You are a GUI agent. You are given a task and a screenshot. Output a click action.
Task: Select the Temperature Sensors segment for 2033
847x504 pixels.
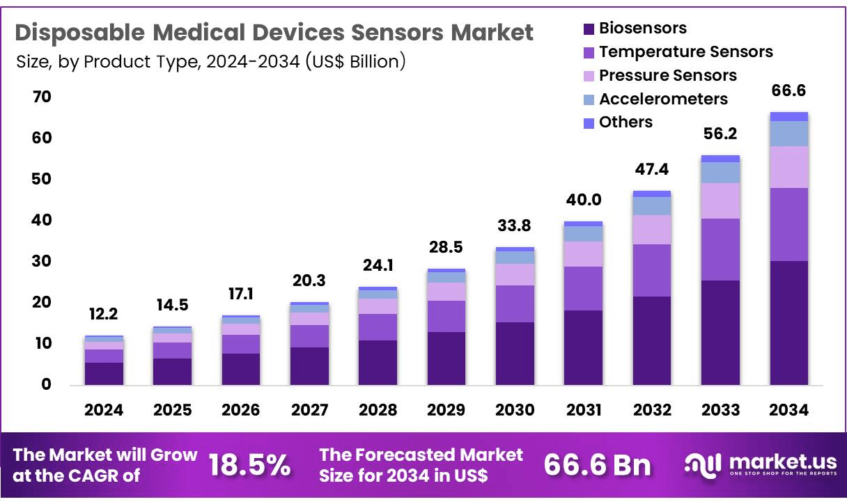click(720, 249)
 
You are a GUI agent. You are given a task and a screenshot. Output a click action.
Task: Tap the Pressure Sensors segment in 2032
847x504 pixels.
click(652, 229)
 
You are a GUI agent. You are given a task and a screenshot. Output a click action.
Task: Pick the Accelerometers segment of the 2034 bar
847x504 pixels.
click(788, 133)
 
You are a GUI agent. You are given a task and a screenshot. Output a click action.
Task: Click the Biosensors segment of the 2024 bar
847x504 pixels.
click(104, 373)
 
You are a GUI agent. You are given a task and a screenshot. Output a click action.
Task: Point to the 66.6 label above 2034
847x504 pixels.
click(788, 90)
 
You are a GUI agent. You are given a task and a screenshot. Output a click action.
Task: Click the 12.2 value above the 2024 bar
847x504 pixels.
click(104, 315)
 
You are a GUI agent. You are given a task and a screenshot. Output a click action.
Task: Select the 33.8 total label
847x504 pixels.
click(515, 226)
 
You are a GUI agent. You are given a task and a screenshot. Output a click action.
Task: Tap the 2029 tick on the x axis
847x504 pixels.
click(446, 410)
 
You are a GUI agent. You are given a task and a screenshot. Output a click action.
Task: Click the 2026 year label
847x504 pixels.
click(240, 410)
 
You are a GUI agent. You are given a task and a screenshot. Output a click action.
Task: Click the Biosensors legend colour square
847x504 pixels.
click(588, 29)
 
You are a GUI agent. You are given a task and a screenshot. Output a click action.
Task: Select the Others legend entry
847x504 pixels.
click(625, 123)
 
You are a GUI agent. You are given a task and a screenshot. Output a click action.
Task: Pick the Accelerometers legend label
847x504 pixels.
click(663, 99)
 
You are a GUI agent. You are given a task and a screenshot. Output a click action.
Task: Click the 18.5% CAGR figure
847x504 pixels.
click(249, 465)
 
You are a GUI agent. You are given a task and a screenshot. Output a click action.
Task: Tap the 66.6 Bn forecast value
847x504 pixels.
click(596, 465)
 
